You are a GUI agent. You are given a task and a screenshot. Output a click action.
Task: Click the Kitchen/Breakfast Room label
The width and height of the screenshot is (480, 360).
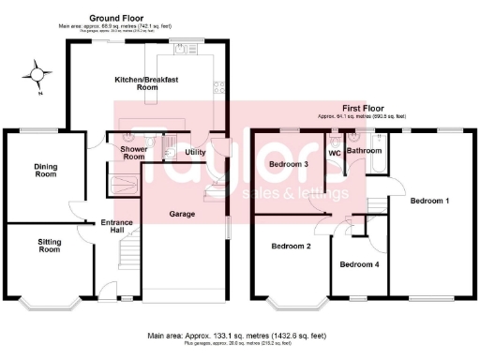[147, 84]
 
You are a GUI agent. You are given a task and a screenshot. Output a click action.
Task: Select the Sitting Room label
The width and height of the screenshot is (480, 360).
[49, 247]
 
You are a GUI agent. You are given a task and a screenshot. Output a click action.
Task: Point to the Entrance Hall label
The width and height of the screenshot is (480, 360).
[117, 226]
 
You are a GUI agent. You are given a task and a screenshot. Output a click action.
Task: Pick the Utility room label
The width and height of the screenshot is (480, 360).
[195, 152]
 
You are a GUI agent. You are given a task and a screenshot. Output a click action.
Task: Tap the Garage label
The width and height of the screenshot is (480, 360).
[182, 214]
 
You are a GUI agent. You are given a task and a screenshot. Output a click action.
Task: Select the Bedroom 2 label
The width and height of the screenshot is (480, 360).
[291, 247]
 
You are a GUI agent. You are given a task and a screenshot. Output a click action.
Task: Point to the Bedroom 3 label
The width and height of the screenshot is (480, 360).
[289, 165]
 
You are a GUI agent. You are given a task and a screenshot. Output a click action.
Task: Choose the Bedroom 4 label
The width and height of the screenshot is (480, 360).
[359, 264]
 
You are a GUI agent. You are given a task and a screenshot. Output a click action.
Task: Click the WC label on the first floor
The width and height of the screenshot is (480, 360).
[334, 151]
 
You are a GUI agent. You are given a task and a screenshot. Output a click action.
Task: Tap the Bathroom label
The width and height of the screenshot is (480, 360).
[364, 150]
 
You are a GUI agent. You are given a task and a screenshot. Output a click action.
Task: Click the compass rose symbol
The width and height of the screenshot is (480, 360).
[37, 72]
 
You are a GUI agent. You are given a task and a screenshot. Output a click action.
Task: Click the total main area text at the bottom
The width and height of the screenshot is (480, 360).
[236, 335]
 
